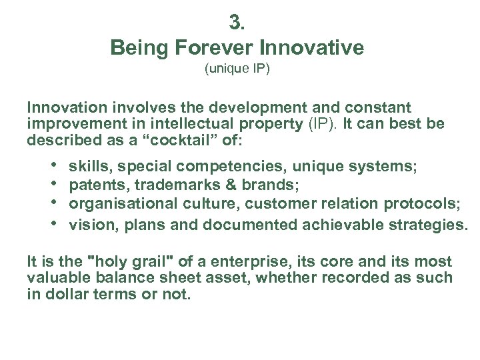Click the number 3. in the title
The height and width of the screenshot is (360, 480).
[x=237, y=23]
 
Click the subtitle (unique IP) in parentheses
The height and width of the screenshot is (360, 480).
[x=237, y=69]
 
